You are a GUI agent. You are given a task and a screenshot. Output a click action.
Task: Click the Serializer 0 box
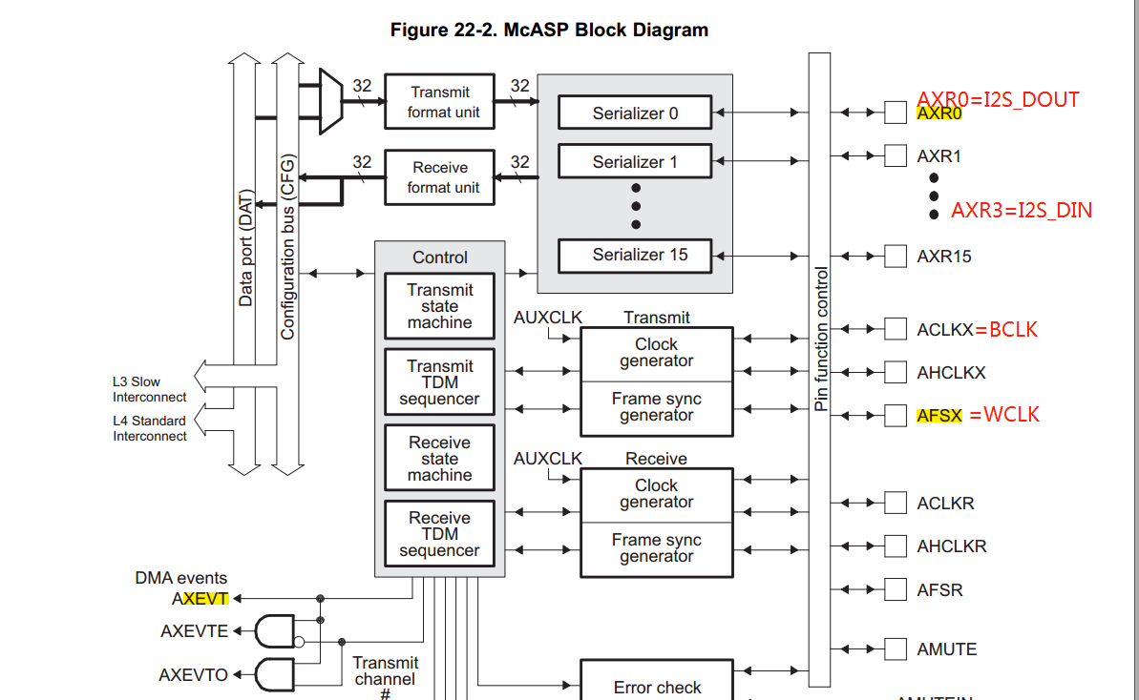(635, 113)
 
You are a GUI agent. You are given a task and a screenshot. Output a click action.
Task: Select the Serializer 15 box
(635, 256)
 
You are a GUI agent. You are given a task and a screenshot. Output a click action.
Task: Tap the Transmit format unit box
(439, 102)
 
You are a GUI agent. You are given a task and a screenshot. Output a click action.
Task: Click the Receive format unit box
(439, 177)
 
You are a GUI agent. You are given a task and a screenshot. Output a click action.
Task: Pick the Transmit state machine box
(439, 306)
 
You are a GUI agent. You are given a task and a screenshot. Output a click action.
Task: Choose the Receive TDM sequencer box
(439, 534)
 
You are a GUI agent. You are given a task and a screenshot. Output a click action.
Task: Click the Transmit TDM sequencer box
(439, 382)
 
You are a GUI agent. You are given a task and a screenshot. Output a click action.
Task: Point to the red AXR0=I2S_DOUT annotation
(998, 99)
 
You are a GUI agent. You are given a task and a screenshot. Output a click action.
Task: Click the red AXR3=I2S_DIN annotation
(1022, 211)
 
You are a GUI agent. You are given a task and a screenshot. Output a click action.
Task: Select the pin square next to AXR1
(895, 154)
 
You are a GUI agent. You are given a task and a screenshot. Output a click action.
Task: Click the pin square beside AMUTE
(895, 649)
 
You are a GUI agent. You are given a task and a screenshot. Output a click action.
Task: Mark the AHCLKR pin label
(952, 546)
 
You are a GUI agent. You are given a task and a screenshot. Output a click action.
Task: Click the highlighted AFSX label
(939, 416)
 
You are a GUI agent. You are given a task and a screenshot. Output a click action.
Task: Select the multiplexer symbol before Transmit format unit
(330, 101)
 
